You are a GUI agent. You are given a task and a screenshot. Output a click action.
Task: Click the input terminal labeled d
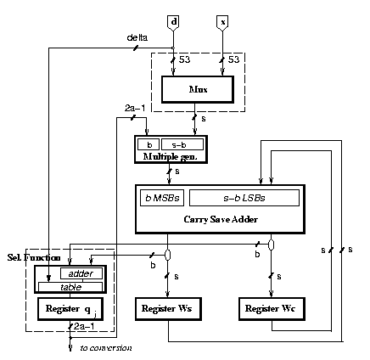pos(173,23)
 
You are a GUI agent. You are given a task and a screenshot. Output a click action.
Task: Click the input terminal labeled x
pos(222,23)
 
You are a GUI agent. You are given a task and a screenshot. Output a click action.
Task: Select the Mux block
pos(198,89)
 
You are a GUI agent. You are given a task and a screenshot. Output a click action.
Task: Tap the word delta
pos(137,37)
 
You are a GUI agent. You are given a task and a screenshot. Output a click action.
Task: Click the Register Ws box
pos(168,309)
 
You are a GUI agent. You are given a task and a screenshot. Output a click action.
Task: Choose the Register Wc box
pos(272,309)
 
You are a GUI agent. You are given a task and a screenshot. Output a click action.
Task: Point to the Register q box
pos(70,309)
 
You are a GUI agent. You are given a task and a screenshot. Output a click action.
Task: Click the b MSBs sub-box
pos(162,198)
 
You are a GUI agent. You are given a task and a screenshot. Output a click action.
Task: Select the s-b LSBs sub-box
pos(244,198)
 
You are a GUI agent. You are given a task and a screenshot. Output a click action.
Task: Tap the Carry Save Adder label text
pos(221,219)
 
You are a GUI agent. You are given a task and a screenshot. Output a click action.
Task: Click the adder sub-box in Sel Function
pos(81,273)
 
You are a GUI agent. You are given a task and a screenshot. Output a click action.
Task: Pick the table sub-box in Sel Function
pos(70,287)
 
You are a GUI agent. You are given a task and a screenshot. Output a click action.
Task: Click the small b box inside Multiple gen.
pos(149,144)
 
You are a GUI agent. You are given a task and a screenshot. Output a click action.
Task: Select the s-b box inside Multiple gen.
pos(182,144)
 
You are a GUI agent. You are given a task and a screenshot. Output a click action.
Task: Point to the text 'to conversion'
pos(106,348)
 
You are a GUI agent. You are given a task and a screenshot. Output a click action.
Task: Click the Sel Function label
pos(34,257)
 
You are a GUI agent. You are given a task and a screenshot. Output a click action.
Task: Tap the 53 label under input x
pos(233,59)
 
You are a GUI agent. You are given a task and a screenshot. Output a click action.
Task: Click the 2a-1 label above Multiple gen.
pos(135,109)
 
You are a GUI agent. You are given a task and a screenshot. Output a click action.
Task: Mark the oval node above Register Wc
pos(271,245)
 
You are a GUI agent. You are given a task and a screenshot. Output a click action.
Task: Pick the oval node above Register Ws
pos(168,255)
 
